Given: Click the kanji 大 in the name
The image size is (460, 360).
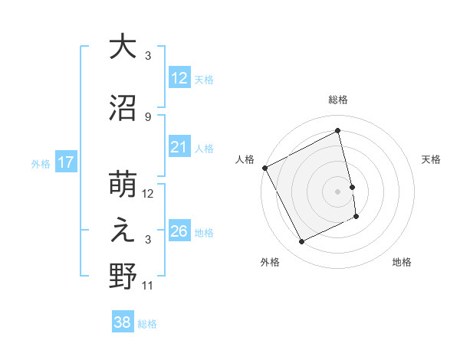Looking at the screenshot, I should pyautogui.click(x=123, y=47).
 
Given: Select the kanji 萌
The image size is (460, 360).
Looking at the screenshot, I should pyautogui.click(x=123, y=185).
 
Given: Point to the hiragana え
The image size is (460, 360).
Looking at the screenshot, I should pyautogui.click(x=123, y=232).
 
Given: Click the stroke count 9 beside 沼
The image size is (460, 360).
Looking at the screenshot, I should pyautogui.click(x=148, y=116).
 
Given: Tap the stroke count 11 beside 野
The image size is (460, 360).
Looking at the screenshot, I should pyautogui.click(x=148, y=286).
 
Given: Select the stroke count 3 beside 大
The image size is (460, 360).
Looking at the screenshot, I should pyautogui.click(x=148, y=56).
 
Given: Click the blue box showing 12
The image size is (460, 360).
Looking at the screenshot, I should pyautogui.click(x=179, y=79).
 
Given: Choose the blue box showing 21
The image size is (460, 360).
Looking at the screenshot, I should pyautogui.click(x=179, y=148).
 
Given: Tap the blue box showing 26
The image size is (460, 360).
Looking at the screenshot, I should pyautogui.click(x=179, y=231).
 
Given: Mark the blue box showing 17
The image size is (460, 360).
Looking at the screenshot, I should pyautogui.click(x=65, y=162).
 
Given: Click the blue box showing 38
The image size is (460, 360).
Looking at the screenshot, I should pyautogui.click(x=123, y=323).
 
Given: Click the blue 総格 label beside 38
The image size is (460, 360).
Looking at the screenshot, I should pyautogui.click(x=147, y=324).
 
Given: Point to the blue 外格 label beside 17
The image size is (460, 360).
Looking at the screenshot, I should pyautogui.click(x=41, y=163).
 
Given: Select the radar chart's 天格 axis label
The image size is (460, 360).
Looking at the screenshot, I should pyautogui.click(x=432, y=159).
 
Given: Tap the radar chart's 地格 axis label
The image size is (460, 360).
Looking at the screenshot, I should pyautogui.click(x=402, y=263).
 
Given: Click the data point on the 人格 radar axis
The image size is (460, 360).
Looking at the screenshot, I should pyautogui.click(x=264, y=168).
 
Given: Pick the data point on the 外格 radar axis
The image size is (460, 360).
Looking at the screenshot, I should pyautogui.click(x=301, y=242).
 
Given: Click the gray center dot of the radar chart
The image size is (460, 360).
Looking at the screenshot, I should pyautogui.click(x=337, y=191).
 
